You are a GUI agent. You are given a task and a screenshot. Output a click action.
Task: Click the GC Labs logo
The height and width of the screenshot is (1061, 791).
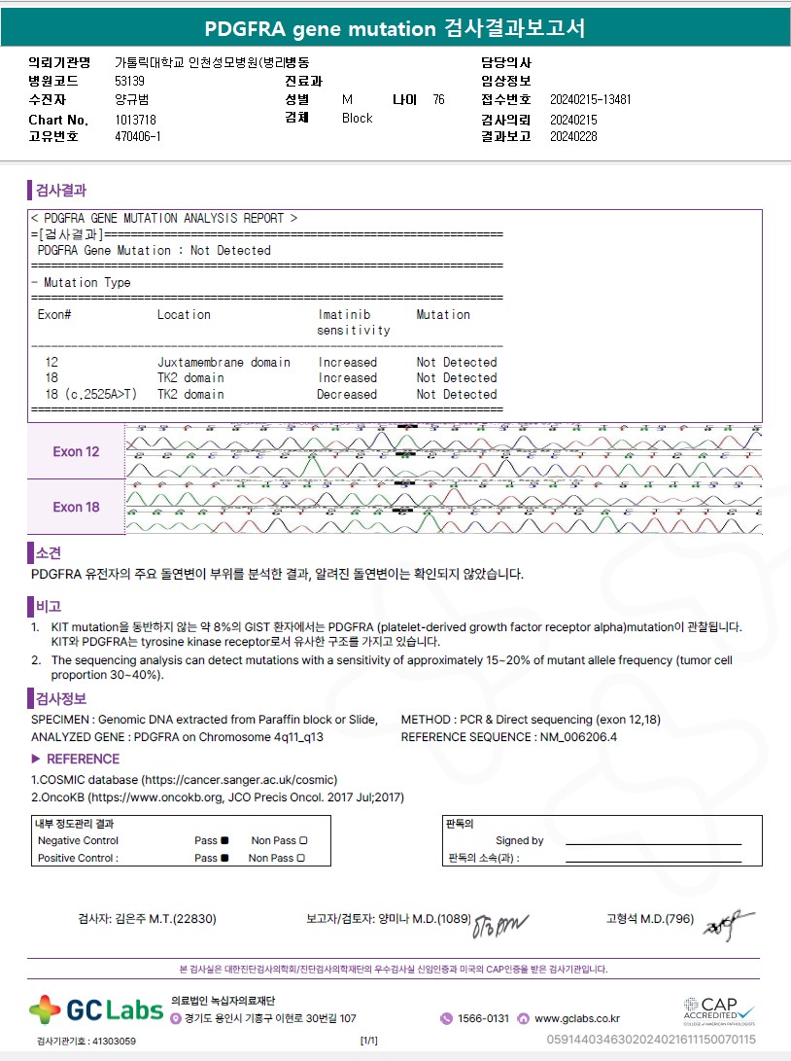coord(95,1009)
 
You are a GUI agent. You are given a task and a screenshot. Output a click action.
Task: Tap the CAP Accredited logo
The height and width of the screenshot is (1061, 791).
coord(718,1008)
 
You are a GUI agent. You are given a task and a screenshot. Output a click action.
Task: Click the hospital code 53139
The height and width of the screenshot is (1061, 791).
coord(129,82)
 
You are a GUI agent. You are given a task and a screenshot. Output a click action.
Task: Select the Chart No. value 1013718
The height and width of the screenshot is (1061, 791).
coord(135,119)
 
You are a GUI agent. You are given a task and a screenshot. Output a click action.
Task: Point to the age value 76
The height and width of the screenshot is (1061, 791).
coord(438,99)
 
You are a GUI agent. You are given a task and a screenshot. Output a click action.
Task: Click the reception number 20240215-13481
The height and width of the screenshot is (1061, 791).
coord(590,99)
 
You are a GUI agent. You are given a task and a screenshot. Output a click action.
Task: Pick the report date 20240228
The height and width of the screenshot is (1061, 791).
coord(573,136)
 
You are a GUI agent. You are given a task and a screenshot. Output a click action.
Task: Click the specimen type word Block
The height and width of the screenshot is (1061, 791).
coord(357,118)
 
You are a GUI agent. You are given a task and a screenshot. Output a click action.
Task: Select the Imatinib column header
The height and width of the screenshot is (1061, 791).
coord(344,315)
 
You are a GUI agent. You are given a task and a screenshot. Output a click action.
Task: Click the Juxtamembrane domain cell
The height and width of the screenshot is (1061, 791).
coord(224,363)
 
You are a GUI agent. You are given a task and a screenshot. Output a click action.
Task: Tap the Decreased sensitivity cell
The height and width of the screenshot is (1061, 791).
coord(347,395)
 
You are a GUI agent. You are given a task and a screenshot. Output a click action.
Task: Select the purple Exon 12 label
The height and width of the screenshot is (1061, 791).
coord(76,452)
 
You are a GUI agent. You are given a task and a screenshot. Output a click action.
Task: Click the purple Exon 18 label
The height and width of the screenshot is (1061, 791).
coord(76,507)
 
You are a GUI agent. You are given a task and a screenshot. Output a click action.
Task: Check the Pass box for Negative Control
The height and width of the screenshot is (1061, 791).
coord(224,841)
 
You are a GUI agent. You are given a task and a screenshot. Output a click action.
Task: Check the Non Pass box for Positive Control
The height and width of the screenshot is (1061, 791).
coord(300,859)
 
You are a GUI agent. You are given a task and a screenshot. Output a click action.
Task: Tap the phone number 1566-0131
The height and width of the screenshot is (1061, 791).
coord(483,1018)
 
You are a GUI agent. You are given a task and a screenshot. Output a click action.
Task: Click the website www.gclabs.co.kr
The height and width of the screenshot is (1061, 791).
coord(576,1018)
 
